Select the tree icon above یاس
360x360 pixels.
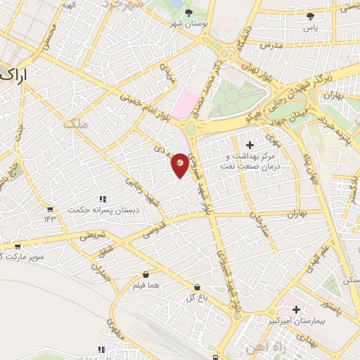tap(310, 16)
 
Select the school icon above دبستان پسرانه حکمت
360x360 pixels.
tap(103, 200)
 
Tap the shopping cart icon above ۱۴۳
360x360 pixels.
tap(49, 209)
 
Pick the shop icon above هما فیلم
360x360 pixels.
tap(146, 274)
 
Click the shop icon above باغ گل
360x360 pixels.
tap(198, 287)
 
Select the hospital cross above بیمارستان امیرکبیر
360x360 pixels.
tap(296, 309)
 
